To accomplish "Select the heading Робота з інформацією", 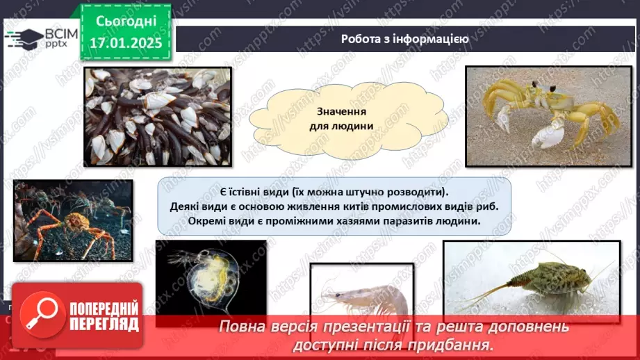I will click(x=404, y=39).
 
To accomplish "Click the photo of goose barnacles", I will click(x=157, y=116).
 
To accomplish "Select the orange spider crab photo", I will click(x=73, y=220).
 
